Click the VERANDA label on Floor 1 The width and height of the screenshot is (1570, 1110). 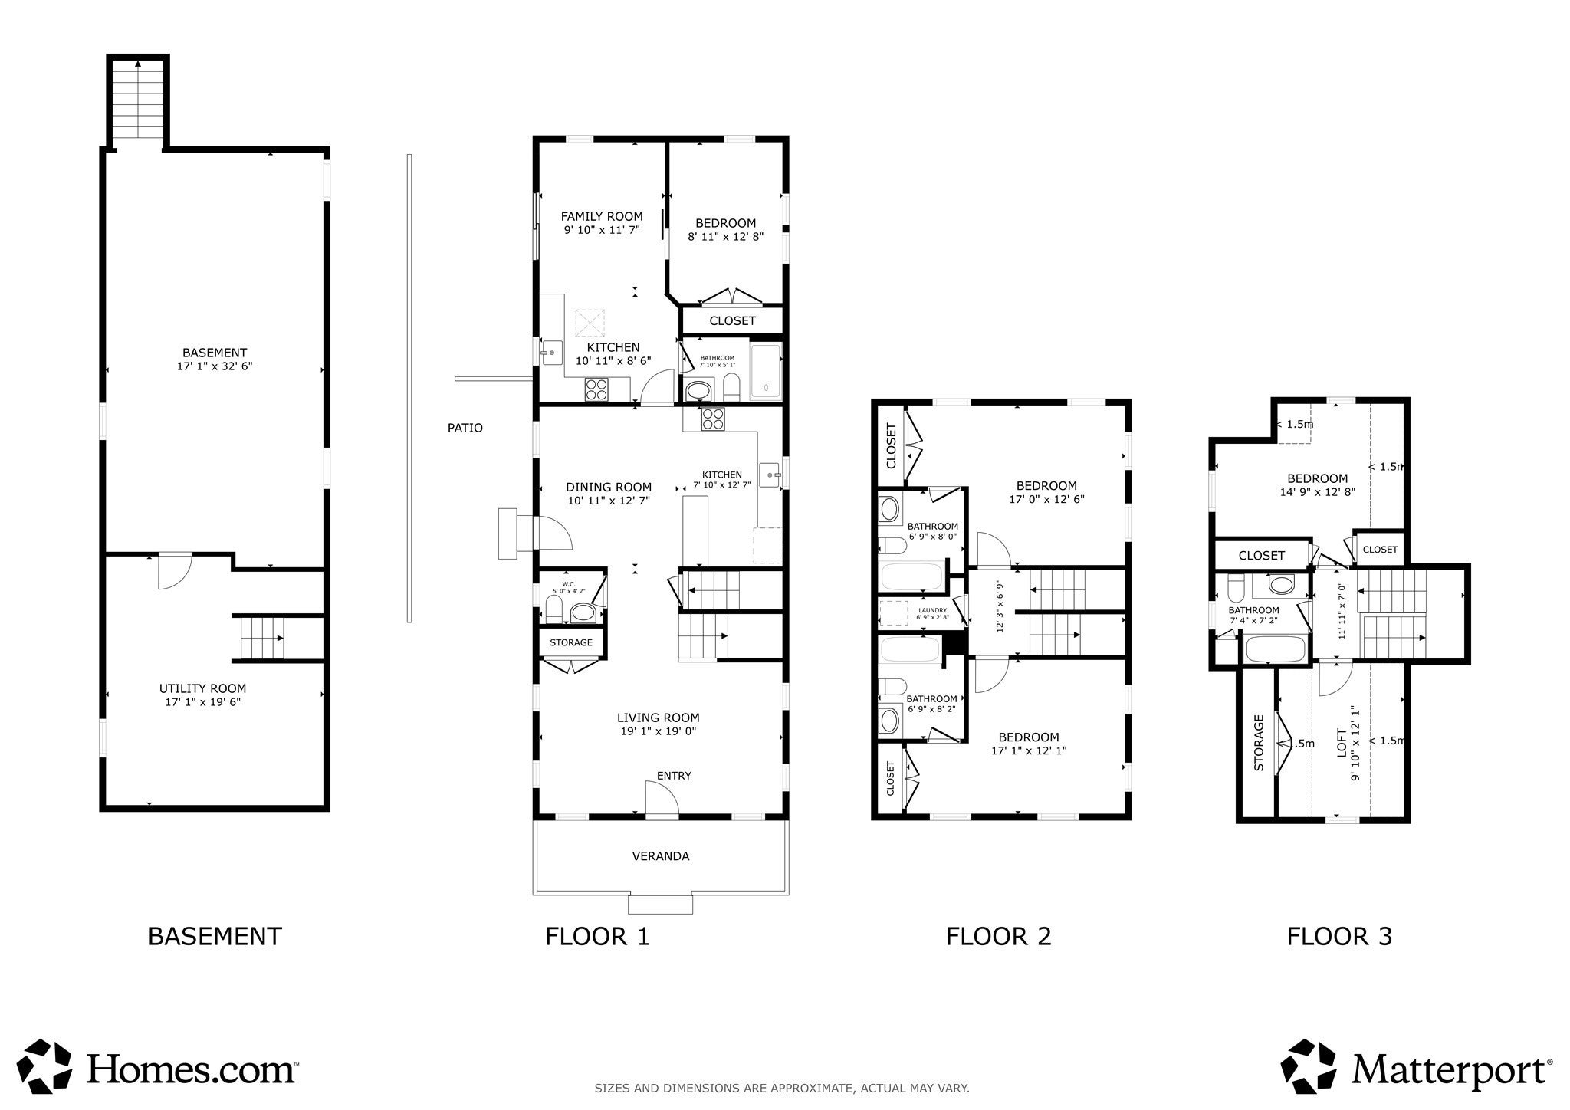point(660,855)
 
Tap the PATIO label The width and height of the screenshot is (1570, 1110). point(465,428)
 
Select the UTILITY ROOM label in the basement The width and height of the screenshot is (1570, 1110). point(203,688)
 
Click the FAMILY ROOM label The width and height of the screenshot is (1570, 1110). point(602,216)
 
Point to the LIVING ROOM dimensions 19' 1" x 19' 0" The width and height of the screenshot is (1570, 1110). point(659,731)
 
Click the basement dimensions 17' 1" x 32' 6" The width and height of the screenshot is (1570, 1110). point(215,366)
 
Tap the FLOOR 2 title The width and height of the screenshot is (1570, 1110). point(998,936)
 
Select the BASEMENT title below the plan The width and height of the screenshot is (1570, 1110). point(215,936)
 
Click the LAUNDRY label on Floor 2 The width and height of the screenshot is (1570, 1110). point(931,610)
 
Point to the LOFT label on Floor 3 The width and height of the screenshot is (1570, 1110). point(1342,743)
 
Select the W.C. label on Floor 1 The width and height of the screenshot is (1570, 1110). point(568,584)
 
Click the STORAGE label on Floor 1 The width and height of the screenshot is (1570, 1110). point(571,642)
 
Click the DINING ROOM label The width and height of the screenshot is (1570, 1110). point(609,487)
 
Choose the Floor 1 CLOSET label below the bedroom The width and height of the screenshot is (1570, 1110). point(732,320)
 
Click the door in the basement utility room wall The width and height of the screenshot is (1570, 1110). point(174,571)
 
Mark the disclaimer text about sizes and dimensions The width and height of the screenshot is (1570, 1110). point(782,1088)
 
